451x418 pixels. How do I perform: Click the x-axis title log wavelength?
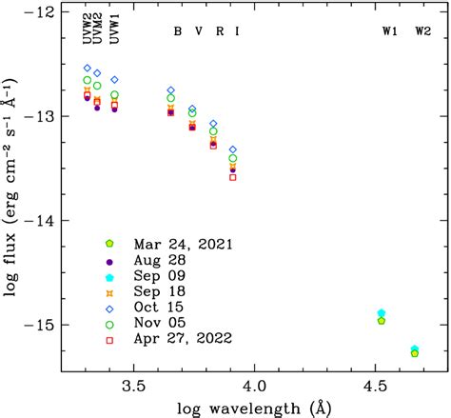click(x=253, y=407)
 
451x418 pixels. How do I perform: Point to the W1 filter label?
click(x=390, y=31)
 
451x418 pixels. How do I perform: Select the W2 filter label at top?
click(x=422, y=31)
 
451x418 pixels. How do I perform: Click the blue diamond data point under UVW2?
click(x=87, y=69)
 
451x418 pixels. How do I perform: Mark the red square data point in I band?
click(x=233, y=177)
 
